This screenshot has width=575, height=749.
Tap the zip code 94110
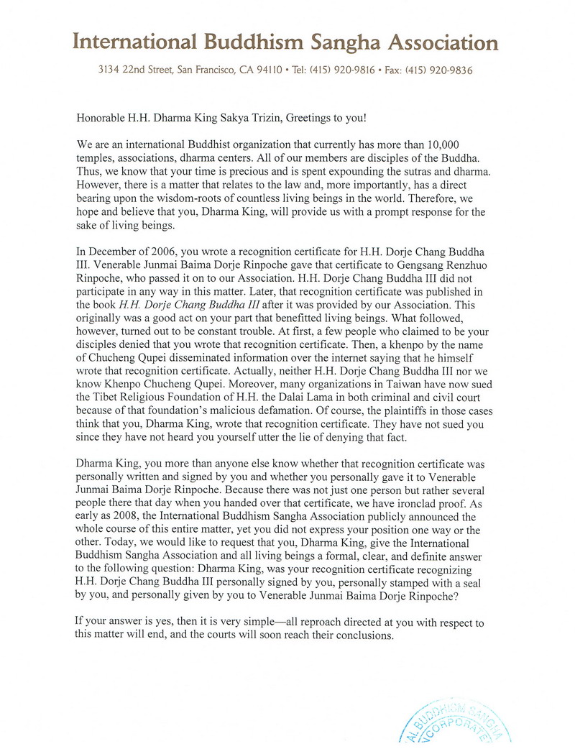[266, 71]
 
